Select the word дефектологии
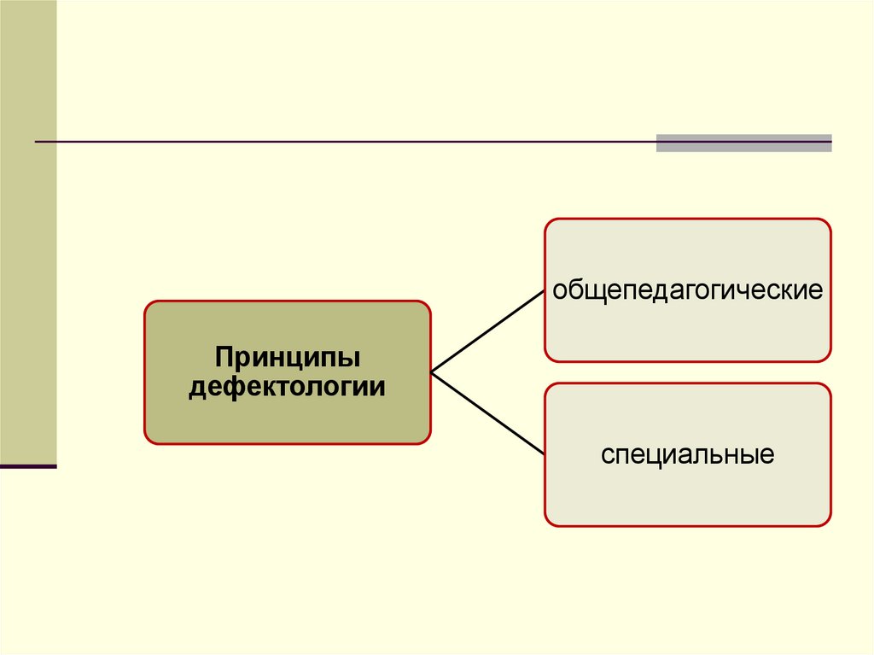click(287, 387)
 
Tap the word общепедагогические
click(687, 289)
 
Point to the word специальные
click(687, 453)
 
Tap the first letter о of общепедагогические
click(559, 290)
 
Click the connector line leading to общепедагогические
click(487, 331)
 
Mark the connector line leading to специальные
click(487, 412)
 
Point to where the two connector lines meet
click(432, 372)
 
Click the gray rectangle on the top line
click(743, 143)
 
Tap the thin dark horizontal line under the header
click(341, 141)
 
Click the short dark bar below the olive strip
click(28, 466)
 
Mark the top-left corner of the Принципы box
click(146, 302)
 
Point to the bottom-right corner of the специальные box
click(829, 523)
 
